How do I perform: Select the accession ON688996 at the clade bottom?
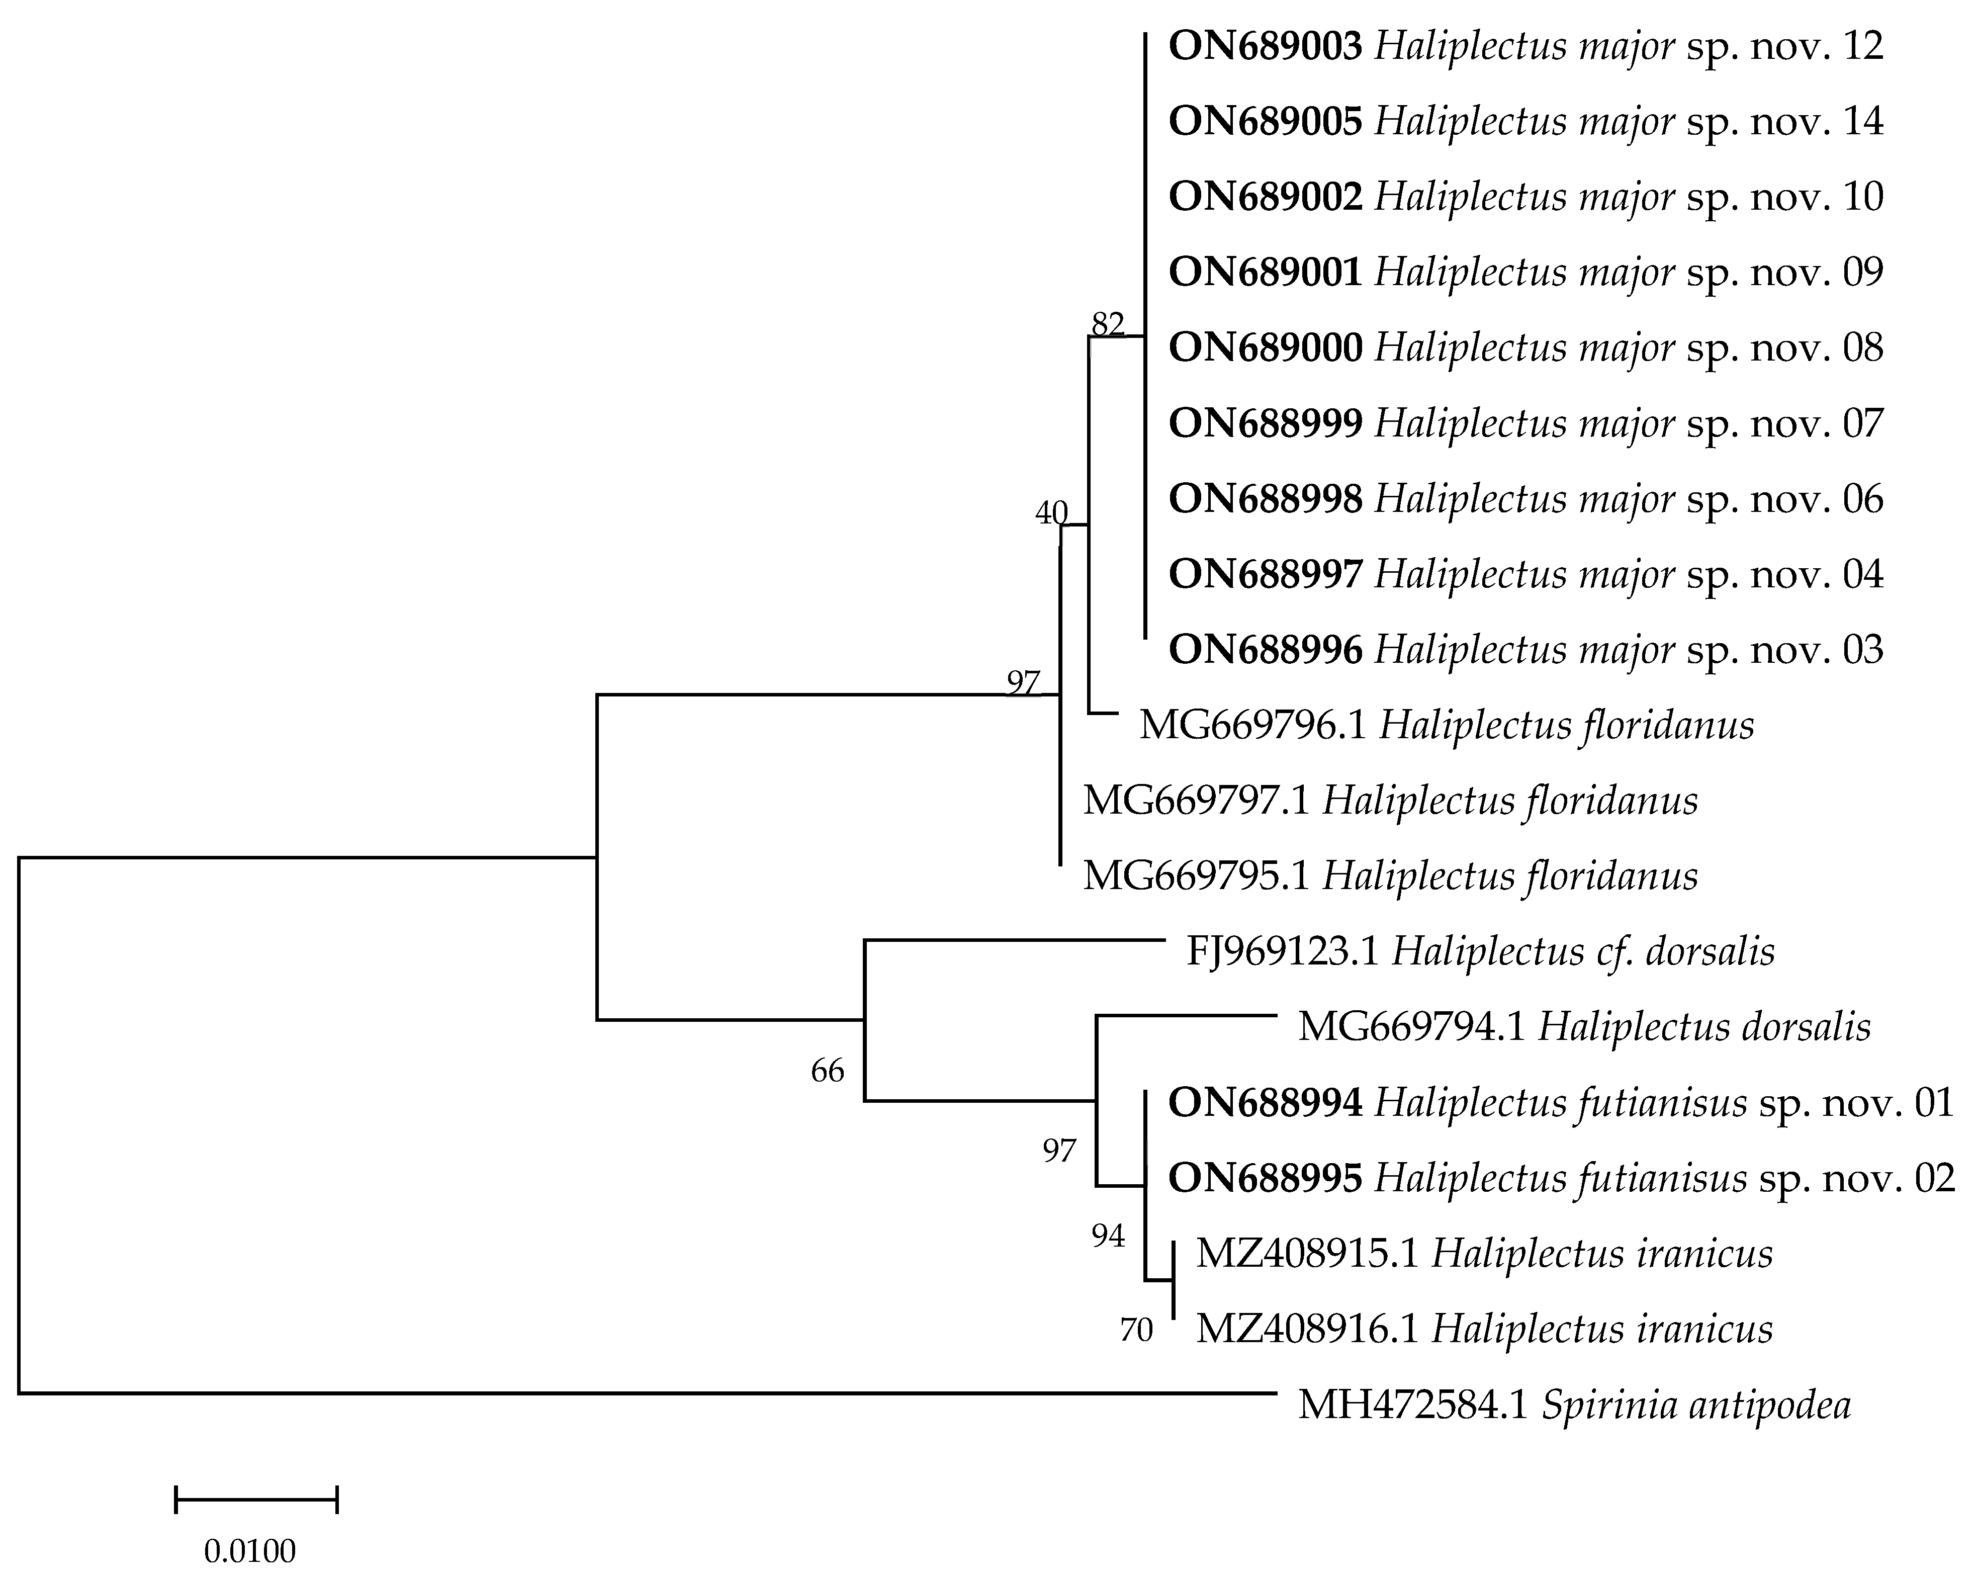[1265, 650]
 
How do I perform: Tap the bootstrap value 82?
[1107, 323]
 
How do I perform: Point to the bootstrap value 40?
[1051, 513]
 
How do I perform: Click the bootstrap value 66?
[827, 1071]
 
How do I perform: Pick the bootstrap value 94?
[1107, 1237]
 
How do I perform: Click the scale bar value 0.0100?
[249, 1552]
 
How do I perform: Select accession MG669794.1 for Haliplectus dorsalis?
[1411, 1027]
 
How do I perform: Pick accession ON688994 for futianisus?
[1265, 1103]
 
